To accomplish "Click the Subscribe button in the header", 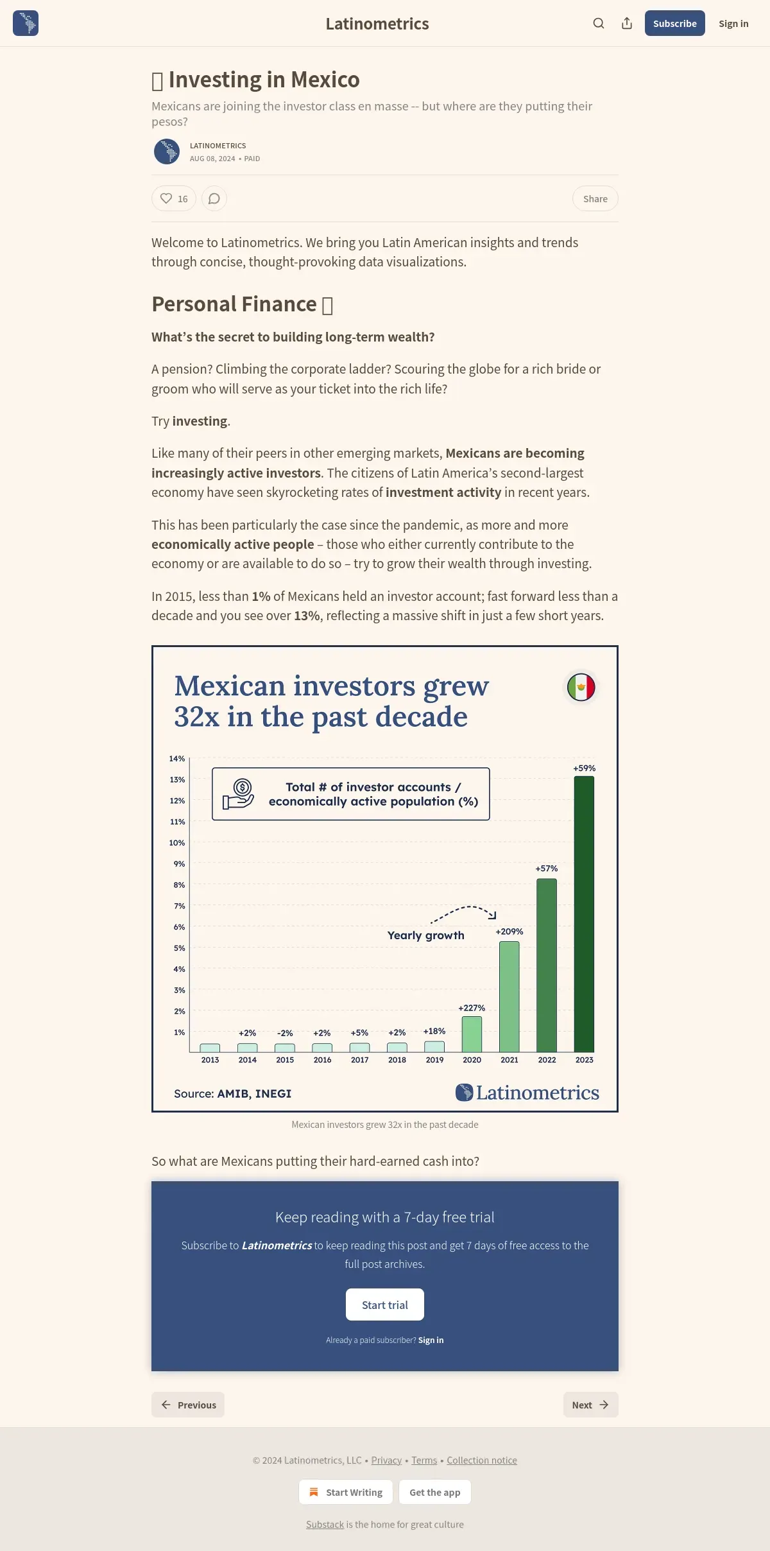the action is [x=674, y=23].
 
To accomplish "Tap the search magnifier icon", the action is [x=599, y=23].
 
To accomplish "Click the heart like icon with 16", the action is [x=166, y=198].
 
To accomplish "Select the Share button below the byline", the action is [x=595, y=198].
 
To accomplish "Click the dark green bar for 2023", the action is [x=584, y=914].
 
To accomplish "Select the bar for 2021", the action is [x=509, y=996].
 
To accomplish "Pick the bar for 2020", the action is [x=472, y=1034].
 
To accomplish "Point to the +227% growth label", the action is [x=472, y=1008].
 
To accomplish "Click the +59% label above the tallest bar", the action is [x=585, y=768].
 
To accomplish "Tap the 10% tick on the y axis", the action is [x=177, y=843].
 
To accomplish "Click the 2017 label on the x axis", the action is [x=360, y=1060].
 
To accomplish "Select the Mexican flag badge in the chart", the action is [x=581, y=688].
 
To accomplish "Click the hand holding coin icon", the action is [x=239, y=793].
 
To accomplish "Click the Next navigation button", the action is [x=590, y=1405].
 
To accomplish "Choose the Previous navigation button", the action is [x=188, y=1405].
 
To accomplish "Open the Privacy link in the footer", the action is [x=386, y=1460].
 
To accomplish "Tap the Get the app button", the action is [x=435, y=1492].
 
